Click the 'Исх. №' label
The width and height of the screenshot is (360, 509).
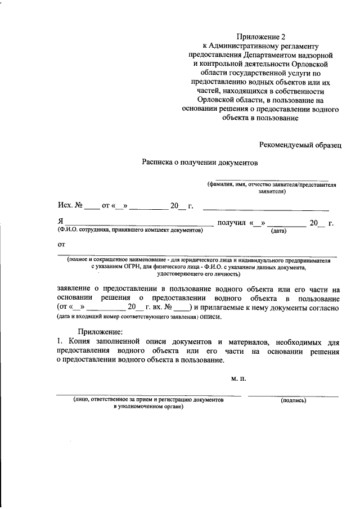pyautogui.click(x=70, y=206)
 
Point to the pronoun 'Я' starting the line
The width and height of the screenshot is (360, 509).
pyautogui.click(x=60, y=223)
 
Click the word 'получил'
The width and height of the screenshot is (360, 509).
pyautogui.click(x=231, y=223)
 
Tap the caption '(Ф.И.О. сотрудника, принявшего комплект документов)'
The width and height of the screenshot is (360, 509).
pyautogui.click(x=129, y=231)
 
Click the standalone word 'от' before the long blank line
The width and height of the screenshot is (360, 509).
pyautogui.click(x=61, y=245)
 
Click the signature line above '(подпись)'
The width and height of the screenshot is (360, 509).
pyautogui.click(x=293, y=396)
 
